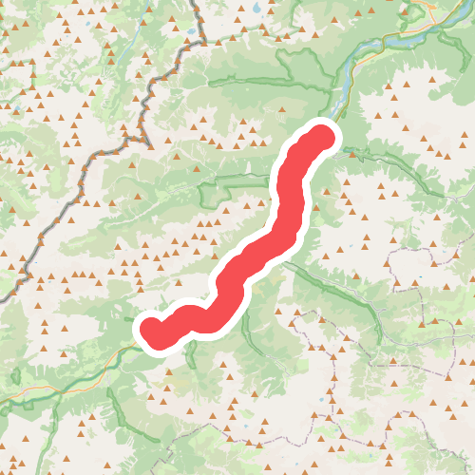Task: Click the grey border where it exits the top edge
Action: click(195, 2)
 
